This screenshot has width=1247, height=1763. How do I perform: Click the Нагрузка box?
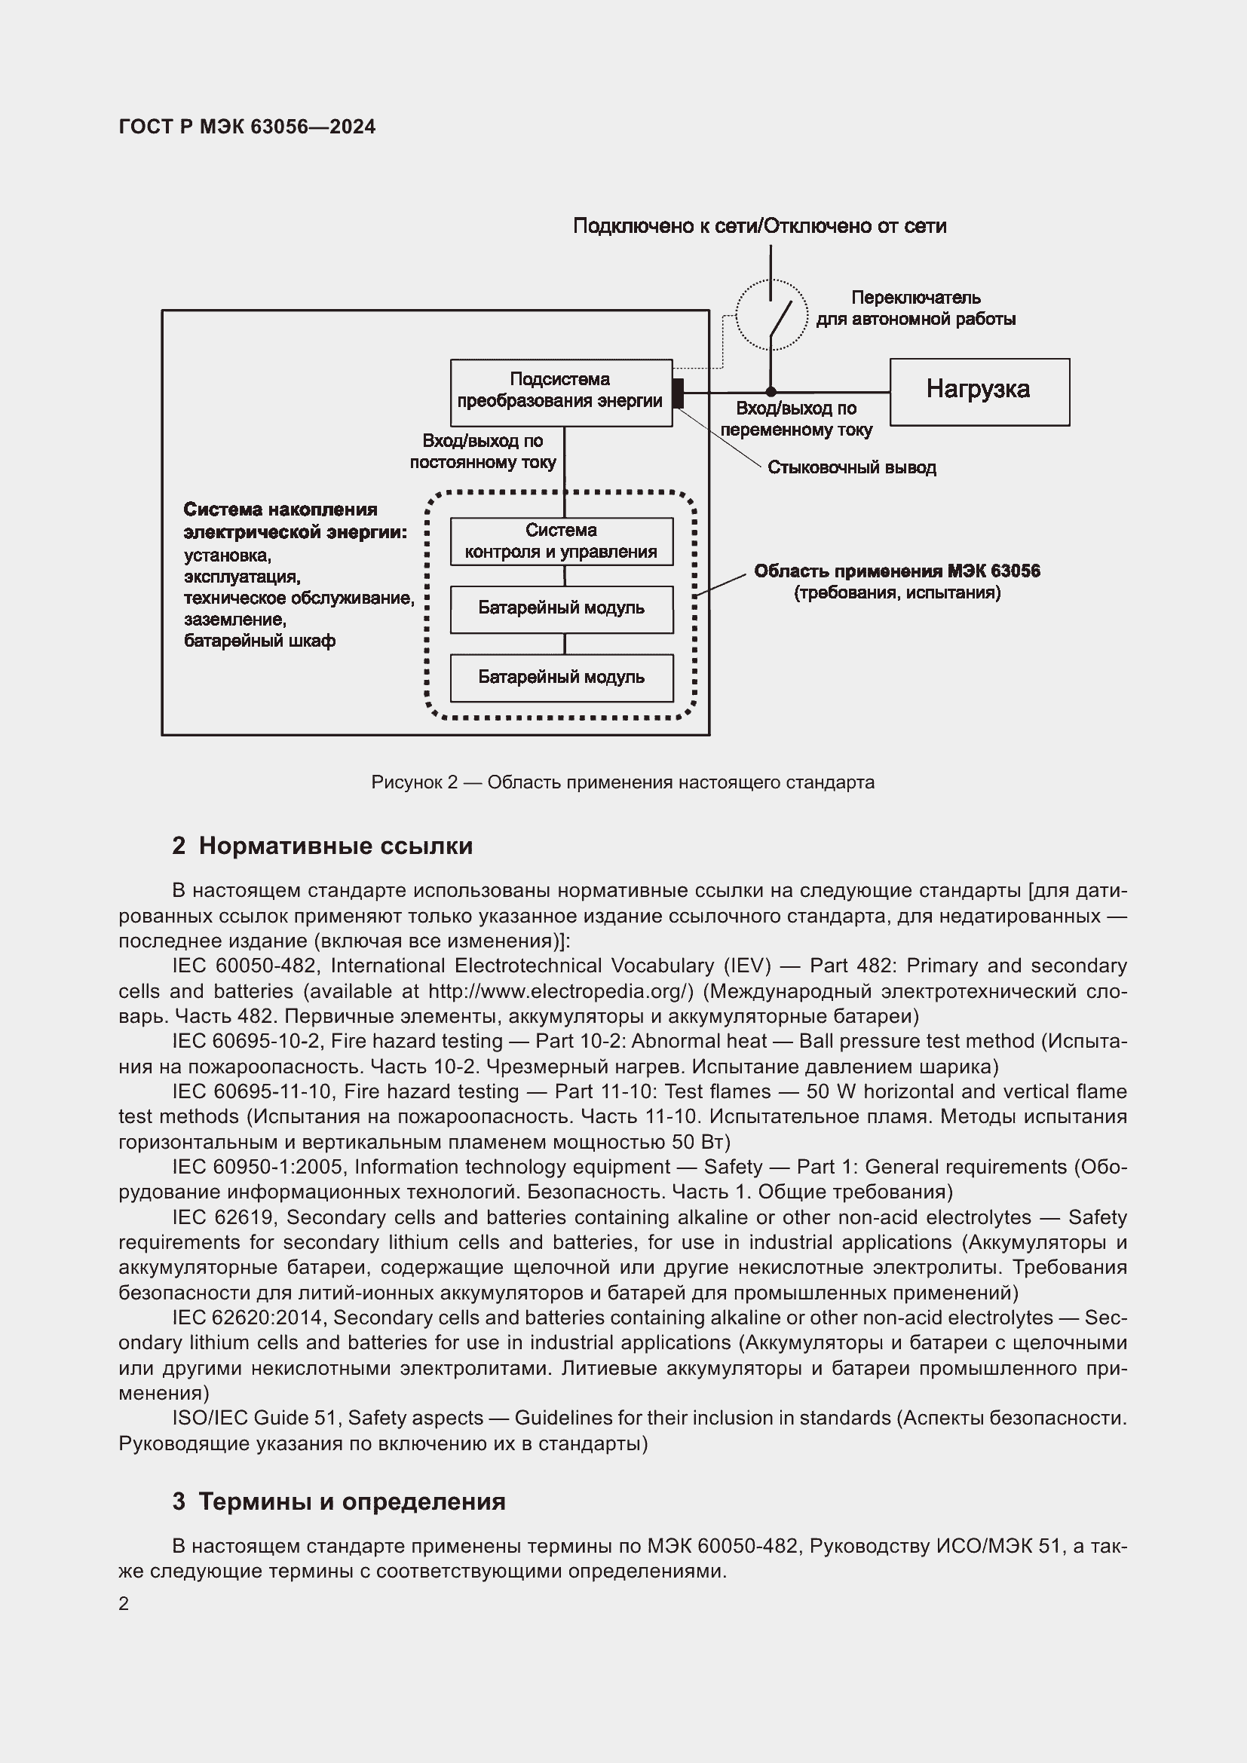pos(979,392)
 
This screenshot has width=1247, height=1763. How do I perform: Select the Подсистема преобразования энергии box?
pos(560,392)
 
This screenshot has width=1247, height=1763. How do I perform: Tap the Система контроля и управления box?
pos(562,541)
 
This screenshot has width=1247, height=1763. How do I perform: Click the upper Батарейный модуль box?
pos(562,609)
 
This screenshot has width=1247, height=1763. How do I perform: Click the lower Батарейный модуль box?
pos(562,678)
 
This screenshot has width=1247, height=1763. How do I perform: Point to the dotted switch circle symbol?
pos(771,315)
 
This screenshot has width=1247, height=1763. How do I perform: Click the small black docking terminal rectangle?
pos(677,393)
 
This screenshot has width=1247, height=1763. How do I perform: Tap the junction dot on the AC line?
pos(771,393)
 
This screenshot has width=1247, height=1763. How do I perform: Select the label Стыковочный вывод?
pos(851,467)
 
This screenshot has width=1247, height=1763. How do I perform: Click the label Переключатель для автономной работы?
pos(915,308)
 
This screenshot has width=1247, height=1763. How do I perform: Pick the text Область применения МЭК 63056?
pos(897,571)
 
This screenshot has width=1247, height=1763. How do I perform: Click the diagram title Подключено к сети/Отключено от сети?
pos(759,226)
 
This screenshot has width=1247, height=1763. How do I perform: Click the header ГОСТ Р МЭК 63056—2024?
pos(247,127)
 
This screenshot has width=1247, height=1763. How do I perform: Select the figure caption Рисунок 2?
pos(622,782)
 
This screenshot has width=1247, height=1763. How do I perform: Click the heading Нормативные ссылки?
pos(335,846)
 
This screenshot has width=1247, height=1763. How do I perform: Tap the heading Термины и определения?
pos(351,1501)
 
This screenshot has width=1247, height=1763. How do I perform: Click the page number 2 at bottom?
pos(124,1604)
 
